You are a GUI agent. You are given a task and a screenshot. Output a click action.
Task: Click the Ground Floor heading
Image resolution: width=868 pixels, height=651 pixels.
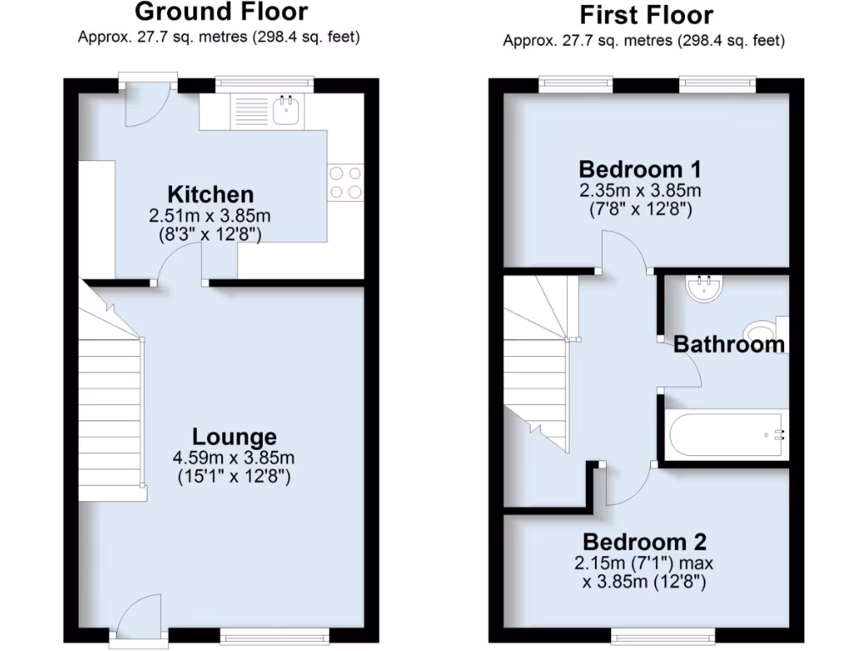pyautogui.click(x=221, y=13)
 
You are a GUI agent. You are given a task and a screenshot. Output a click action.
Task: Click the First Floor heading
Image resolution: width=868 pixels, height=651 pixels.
pyautogui.click(x=646, y=14)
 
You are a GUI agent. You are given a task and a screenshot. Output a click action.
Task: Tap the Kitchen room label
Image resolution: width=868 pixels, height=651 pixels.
pyautogui.click(x=209, y=194)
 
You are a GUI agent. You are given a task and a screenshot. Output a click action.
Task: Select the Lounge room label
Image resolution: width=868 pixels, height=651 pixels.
pyautogui.click(x=234, y=437)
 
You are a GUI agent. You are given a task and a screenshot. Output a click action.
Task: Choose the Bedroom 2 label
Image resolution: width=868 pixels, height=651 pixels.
pyautogui.click(x=644, y=542)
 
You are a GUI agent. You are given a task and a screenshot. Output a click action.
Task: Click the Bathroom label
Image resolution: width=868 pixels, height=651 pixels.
pyautogui.click(x=729, y=344)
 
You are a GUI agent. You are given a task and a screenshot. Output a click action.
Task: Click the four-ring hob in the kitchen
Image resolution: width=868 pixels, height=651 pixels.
pyautogui.click(x=345, y=181)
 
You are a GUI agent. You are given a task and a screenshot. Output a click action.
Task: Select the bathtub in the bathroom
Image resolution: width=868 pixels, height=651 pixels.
pyautogui.click(x=725, y=435)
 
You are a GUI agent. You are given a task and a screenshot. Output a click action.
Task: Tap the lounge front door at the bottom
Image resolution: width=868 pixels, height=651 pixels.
pyautogui.click(x=136, y=623)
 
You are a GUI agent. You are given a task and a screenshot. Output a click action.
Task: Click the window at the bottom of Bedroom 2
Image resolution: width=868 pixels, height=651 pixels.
pyautogui.click(x=662, y=636)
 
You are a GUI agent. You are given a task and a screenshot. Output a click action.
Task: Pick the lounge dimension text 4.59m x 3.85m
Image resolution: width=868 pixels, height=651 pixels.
pyautogui.click(x=234, y=458)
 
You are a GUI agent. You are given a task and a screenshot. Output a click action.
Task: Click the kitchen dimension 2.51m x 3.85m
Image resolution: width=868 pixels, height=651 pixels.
pyautogui.click(x=209, y=215)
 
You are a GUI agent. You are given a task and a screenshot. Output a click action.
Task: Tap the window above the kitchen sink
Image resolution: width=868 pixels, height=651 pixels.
pyautogui.click(x=264, y=83)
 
